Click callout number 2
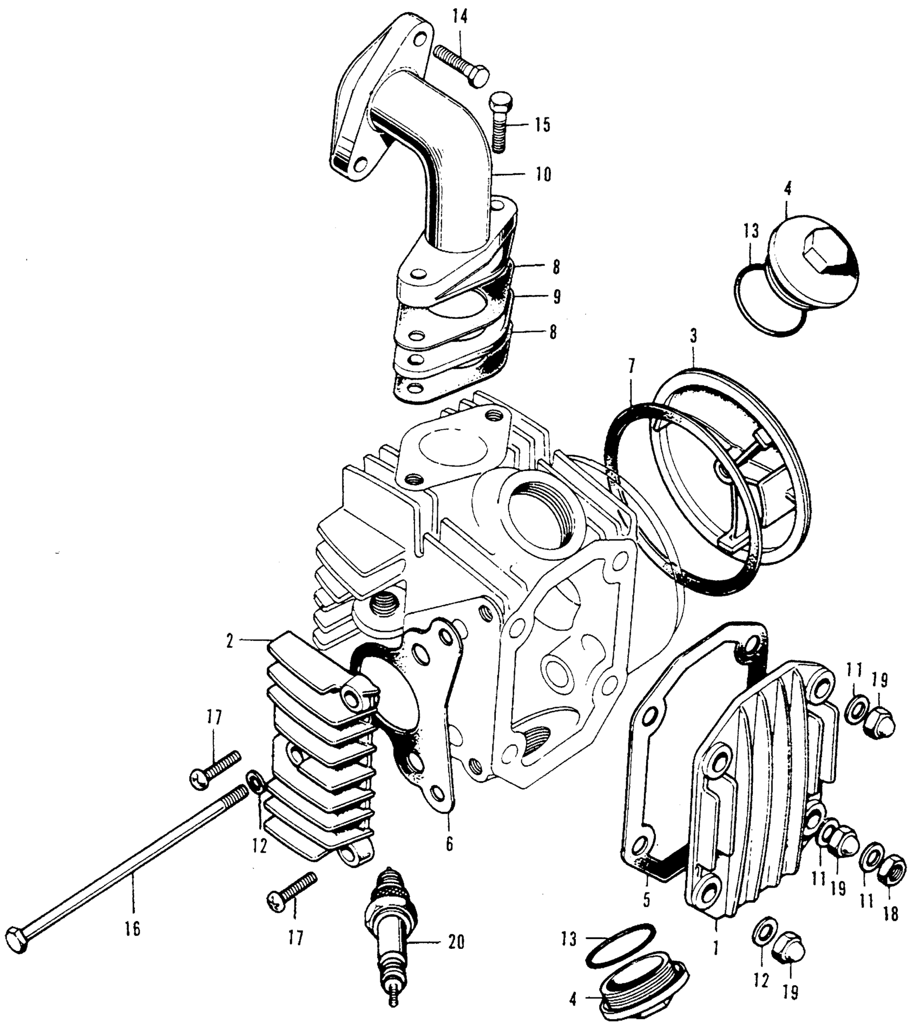pyautogui.click(x=230, y=642)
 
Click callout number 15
pyautogui.click(x=542, y=125)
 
